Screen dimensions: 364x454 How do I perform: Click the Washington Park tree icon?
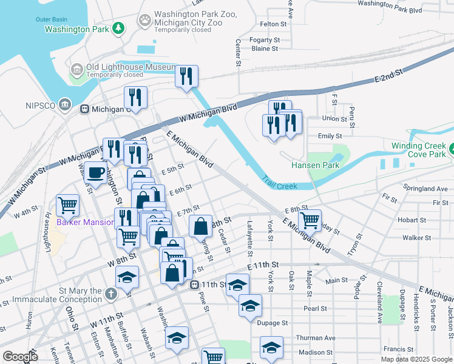click(x=118, y=29)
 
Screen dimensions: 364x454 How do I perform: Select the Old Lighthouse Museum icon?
click(x=77, y=71)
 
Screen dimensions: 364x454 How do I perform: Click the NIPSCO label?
click(x=41, y=106)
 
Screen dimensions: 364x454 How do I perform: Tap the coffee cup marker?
click(x=95, y=172)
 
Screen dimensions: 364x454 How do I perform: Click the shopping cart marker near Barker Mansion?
click(x=68, y=205)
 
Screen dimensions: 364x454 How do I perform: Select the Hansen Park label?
click(x=315, y=165)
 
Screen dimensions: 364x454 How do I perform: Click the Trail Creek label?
click(x=280, y=183)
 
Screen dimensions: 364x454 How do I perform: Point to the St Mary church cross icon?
click(x=110, y=294)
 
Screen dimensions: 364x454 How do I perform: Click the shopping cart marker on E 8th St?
click(x=310, y=220)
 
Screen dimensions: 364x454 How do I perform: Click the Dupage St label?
click(x=272, y=323)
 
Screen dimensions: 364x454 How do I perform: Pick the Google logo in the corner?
click(x=20, y=356)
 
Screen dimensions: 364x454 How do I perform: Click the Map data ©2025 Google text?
click(x=417, y=359)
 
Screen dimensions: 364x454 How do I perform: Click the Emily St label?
click(x=330, y=136)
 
